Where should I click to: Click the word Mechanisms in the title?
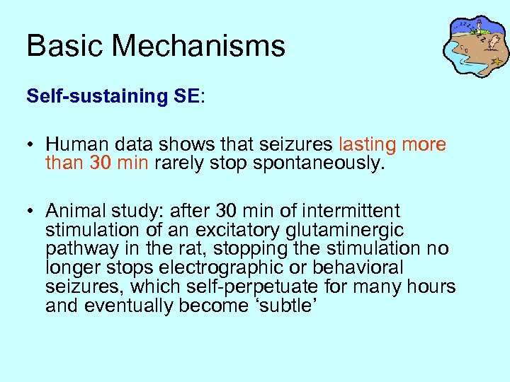(x=198, y=47)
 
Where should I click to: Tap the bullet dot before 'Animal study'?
(x=32, y=212)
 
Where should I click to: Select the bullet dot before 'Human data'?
(x=32, y=146)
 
